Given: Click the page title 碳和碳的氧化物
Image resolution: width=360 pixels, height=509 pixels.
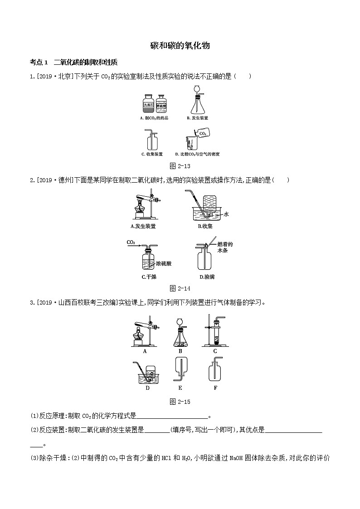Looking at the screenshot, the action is point(180,46).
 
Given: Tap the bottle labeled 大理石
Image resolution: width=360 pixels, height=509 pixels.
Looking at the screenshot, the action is point(148,105).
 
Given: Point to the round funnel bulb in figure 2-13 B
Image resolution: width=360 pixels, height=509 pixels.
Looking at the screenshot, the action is point(197,90).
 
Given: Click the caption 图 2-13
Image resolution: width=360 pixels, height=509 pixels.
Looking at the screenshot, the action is point(180,166).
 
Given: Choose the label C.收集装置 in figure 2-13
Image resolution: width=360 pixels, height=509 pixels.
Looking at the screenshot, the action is point(152,154).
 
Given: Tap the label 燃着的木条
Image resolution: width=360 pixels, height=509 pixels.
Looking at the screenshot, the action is point(225,247).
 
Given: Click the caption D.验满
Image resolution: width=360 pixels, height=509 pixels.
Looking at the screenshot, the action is point(208,276).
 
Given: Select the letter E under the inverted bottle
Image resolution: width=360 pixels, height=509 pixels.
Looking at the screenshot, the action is point(180,388).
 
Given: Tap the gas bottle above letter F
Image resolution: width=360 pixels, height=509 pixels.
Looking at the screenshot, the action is point(215,373).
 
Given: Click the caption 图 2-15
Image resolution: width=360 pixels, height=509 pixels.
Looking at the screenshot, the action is point(180,402).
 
